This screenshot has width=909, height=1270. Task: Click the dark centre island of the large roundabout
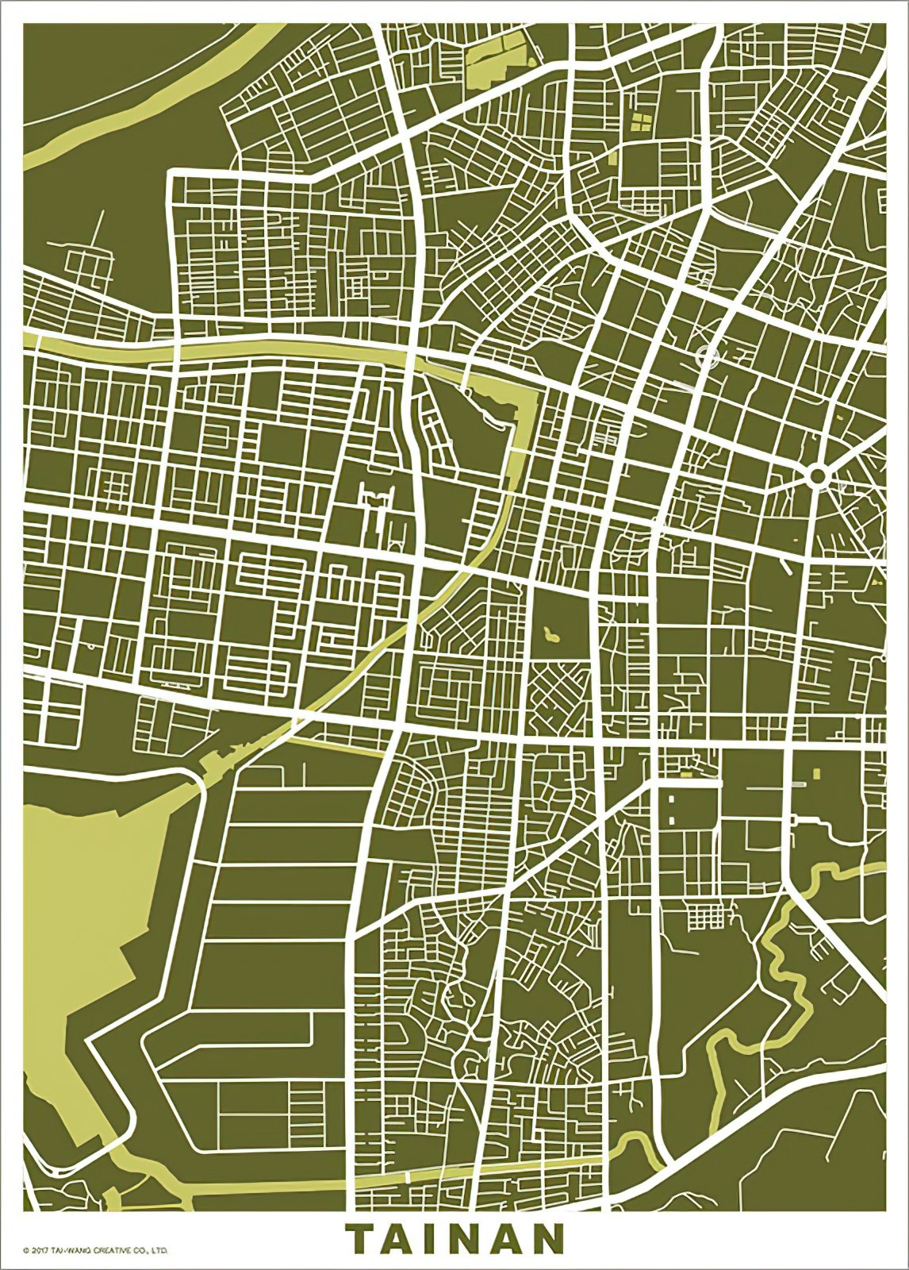[819, 477]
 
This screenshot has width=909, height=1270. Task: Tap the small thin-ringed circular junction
[707, 355]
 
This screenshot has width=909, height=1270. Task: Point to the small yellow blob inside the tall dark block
[550, 634]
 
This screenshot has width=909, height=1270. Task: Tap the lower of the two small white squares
[672, 818]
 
